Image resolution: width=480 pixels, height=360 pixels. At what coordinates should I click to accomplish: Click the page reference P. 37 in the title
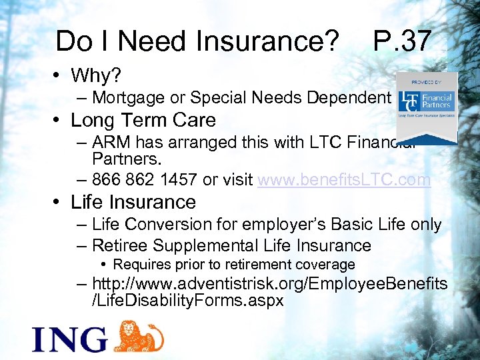402,41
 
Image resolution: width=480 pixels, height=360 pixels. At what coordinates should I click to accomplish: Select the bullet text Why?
96,75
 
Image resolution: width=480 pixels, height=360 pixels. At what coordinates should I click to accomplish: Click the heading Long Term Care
143,121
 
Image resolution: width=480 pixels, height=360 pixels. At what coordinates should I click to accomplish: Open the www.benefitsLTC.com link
344,180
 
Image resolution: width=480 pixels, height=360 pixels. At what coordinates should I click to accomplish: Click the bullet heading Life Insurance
133,202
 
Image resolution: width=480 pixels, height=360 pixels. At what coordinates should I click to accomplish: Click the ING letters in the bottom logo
69,338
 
